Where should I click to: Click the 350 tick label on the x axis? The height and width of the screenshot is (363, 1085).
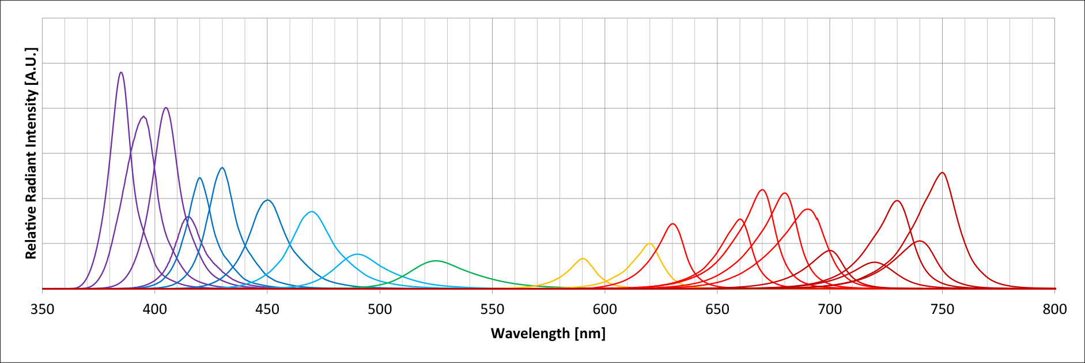pyautogui.click(x=42, y=309)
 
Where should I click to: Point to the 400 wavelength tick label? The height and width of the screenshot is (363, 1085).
pyautogui.click(x=154, y=309)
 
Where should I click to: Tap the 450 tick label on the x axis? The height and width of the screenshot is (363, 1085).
pyautogui.click(x=267, y=309)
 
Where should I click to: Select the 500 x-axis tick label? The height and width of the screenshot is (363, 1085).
pyautogui.click(x=380, y=309)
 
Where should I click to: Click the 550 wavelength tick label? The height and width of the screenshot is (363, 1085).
pyautogui.click(x=492, y=309)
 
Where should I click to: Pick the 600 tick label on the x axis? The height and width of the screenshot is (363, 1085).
pyautogui.click(x=604, y=309)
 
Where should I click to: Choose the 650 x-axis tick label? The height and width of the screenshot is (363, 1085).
pyautogui.click(x=717, y=309)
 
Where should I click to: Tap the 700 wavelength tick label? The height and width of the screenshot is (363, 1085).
pyautogui.click(x=830, y=309)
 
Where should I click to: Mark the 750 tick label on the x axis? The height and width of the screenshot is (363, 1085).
pyautogui.click(x=942, y=309)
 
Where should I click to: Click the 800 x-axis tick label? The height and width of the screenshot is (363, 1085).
pyautogui.click(x=1054, y=309)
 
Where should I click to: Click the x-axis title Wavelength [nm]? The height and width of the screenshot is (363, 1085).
pyautogui.click(x=548, y=334)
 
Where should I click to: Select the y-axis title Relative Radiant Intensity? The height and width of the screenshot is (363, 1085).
pyautogui.click(x=31, y=153)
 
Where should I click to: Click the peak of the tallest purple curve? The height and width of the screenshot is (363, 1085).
pyautogui.click(x=121, y=73)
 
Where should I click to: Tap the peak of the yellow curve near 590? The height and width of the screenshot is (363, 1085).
pyautogui.click(x=583, y=259)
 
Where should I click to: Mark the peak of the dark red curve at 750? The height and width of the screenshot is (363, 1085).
pyautogui.click(x=942, y=173)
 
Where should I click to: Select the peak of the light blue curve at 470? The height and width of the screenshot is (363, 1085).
pyautogui.click(x=312, y=212)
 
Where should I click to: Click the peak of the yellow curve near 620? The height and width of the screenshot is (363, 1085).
pyautogui.click(x=649, y=244)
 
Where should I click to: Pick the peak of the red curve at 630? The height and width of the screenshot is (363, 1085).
pyautogui.click(x=672, y=224)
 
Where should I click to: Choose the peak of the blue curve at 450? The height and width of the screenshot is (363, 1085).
pyautogui.click(x=267, y=200)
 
